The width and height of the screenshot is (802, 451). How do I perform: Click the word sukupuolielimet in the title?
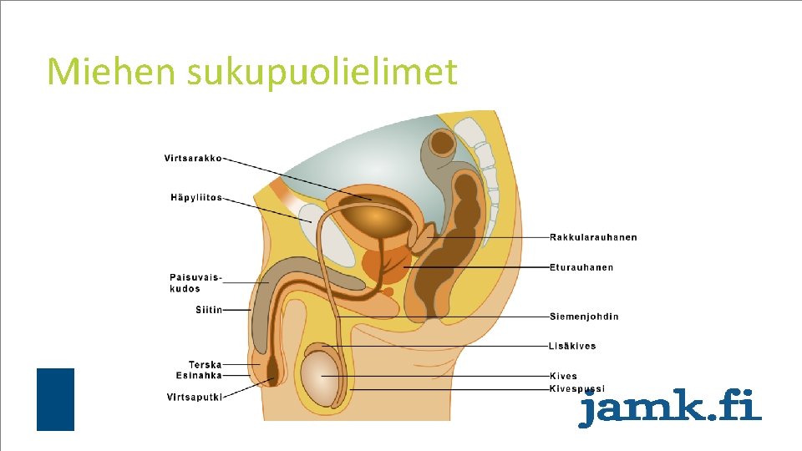[x=322, y=73]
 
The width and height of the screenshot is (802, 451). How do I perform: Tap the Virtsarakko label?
[x=192, y=158]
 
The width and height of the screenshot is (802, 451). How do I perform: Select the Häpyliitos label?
[x=196, y=198]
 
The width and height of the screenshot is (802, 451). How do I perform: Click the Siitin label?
[x=209, y=310]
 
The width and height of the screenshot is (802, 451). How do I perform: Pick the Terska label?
[x=205, y=364]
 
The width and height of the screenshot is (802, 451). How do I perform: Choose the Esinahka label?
[x=199, y=376]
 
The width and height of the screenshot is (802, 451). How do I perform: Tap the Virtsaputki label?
[x=195, y=397]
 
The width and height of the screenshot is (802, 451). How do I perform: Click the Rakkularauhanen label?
[x=593, y=237]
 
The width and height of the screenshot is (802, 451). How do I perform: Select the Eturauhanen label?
[x=581, y=267]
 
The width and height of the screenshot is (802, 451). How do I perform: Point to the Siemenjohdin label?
[x=584, y=317]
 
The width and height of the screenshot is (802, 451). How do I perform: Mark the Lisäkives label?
[x=572, y=346]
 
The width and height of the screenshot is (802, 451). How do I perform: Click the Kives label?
[x=563, y=377]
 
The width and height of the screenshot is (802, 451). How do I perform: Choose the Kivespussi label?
[x=576, y=389]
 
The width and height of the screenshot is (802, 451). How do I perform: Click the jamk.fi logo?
[x=670, y=408]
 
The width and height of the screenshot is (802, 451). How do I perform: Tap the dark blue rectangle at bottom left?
[x=55, y=399]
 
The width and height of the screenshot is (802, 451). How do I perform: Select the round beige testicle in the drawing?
[x=323, y=378]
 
